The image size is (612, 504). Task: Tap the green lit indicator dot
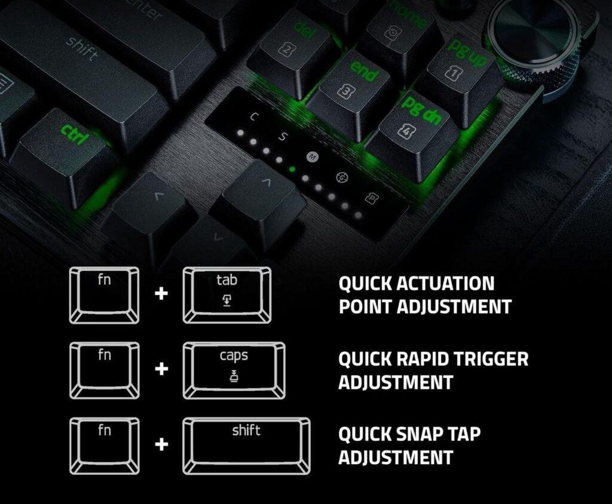(x=292, y=170)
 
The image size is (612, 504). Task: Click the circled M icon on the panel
(x=312, y=157)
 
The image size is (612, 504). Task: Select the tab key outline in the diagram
(x=227, y=296)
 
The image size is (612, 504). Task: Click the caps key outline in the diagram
(x=234, y=371)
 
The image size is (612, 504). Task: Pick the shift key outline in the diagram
(x=246, y=446)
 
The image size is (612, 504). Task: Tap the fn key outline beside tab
(x=104, y=296)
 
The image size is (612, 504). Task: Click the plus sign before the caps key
(x=161, y=368)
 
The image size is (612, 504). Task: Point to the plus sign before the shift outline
(x=161, y=444)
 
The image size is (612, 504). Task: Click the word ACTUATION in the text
(x=445, y=283)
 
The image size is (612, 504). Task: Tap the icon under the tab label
(x=227, y=301)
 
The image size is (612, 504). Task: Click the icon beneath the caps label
(x=234, y=376)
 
